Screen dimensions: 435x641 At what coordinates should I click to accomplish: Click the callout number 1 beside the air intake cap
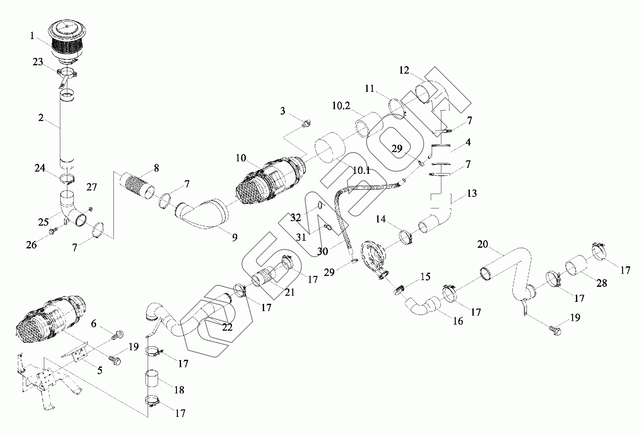point(32,36)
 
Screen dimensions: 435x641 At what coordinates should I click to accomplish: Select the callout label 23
point(38,62)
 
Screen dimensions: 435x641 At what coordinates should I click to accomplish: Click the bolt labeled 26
point(53,231)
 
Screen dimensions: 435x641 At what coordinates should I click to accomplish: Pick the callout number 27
point(91,187)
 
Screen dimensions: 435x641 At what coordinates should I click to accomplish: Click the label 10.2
point(341,106)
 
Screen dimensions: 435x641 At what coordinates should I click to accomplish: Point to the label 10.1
point(361,171)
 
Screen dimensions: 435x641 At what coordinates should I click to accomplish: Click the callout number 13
point(472,193)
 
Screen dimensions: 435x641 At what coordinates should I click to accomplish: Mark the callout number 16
point(458,321)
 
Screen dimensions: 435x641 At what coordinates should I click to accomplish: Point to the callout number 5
point(100,370)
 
